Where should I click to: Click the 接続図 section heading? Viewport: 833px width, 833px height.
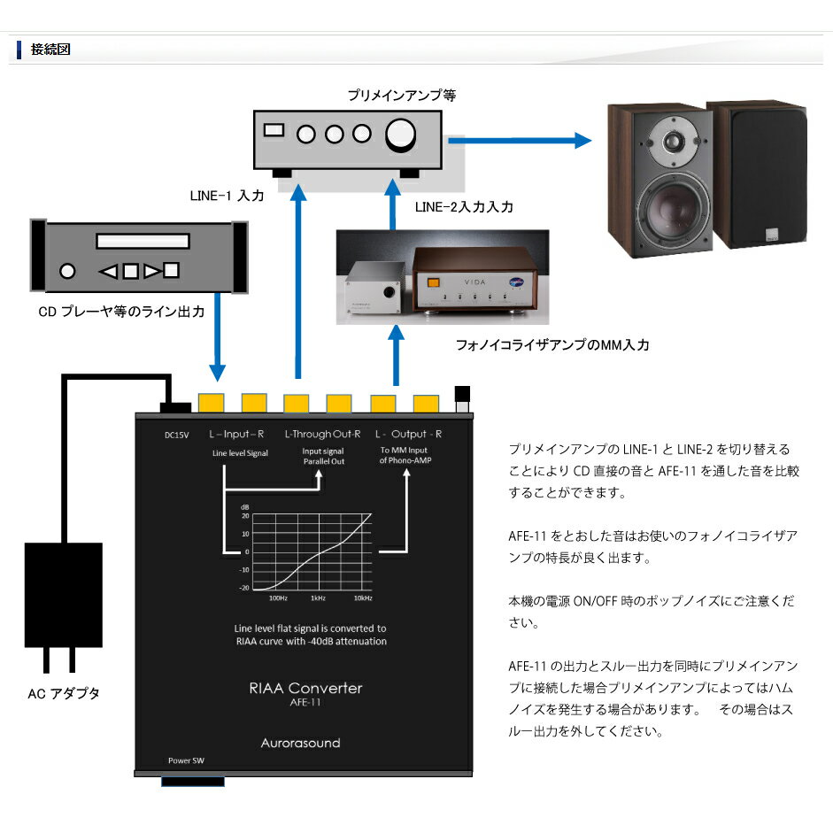[x=50, y=50]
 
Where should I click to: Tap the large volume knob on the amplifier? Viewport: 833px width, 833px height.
[x=400, y=135]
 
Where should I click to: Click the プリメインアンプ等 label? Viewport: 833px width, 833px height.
[x=401, y=95]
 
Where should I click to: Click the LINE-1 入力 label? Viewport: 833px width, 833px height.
[x=227, y=197]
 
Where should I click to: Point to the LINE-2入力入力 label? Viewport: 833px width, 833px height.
[x=463, y=207]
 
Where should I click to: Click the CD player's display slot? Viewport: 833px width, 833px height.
[x=143, y=241]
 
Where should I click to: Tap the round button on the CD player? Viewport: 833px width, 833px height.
[x=66, y=271]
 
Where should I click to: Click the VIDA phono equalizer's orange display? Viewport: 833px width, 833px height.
[x=435, y=283]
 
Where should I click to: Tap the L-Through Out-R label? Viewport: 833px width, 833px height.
[x=322, y=434]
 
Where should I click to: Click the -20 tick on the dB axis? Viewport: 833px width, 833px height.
[x=245, y=587]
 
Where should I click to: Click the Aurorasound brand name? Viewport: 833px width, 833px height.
[x=300, y=743]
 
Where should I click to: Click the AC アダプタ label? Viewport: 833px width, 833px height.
[x=64, y=694]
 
